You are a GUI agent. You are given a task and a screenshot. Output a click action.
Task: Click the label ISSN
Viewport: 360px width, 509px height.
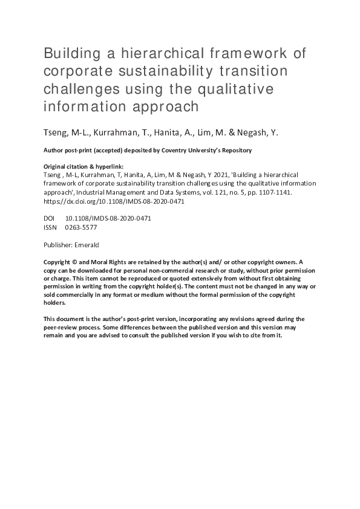click(x=51, y=227)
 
